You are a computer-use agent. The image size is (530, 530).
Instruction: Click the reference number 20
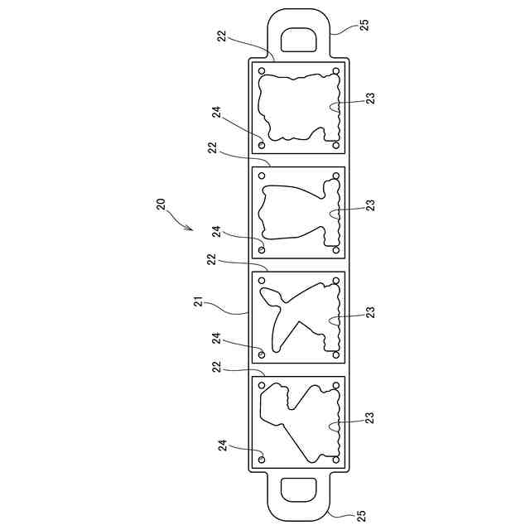[161, 205]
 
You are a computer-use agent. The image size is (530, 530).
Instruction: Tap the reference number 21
[199, 301]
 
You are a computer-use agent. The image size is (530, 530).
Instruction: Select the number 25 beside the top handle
[364, 26]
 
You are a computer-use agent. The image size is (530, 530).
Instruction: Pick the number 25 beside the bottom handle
[361, 516]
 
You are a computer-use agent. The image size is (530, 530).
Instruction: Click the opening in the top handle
[299, 40]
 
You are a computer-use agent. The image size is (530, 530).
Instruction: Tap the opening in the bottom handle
[299, 489]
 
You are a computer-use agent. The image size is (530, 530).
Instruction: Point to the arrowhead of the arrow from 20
[190, 228]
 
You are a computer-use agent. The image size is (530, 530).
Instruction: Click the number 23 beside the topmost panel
[370, 99]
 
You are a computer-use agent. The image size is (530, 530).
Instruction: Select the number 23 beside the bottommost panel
[370, 417]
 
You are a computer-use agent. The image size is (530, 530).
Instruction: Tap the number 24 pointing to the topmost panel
[217, 113]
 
